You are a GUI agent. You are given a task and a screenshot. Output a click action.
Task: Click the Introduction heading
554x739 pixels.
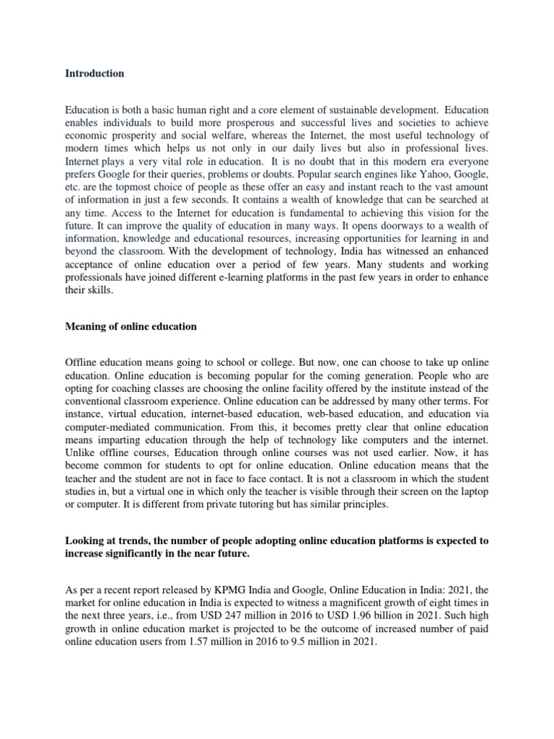pyautogui.click(x=94, y=74)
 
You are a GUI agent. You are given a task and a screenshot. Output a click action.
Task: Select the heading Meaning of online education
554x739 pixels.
pyautogui.click(x=131, y=326)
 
